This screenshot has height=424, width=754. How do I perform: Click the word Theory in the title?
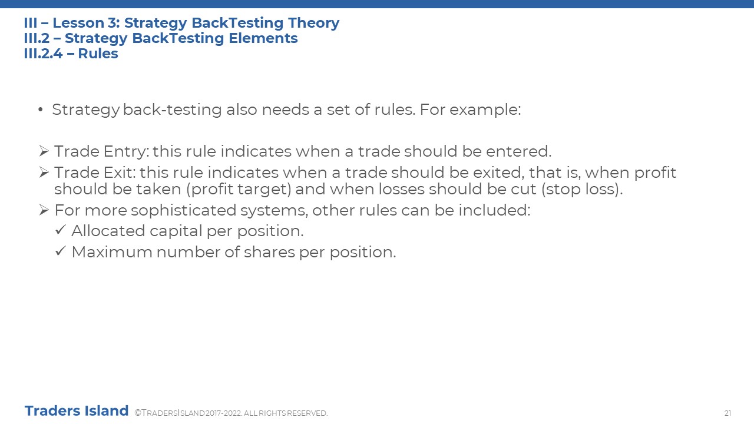314,24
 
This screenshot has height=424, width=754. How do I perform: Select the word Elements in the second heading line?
263,38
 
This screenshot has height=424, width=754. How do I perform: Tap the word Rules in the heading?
98,54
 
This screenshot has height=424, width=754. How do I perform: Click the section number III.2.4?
43,54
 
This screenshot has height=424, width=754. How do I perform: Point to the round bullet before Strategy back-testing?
41,110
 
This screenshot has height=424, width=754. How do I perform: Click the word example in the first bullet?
485,110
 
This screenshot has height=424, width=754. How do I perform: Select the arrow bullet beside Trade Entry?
44,151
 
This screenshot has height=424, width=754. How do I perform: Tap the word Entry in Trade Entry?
126,152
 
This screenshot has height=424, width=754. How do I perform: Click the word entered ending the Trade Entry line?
519,151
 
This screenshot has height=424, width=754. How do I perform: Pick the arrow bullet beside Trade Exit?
44,173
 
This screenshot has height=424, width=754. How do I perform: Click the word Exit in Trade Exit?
120,173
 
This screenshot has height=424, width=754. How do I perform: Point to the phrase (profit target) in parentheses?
239,190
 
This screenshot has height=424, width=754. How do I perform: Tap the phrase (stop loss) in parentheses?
582,189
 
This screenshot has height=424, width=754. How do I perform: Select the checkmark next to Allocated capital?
60,230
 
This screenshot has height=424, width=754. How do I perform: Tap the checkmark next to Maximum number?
60,251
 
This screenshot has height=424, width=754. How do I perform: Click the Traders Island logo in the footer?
77,411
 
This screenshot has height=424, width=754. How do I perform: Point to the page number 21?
727,413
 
